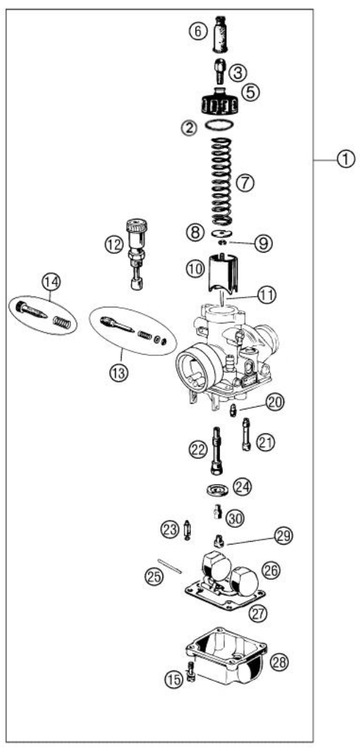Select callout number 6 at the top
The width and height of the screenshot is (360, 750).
point(197,31)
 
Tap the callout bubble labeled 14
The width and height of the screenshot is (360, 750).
point(50,281)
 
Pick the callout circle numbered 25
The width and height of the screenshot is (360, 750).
point(153,576)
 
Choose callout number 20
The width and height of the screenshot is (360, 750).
point(275,402)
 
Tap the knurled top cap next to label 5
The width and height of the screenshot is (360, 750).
point(219,103)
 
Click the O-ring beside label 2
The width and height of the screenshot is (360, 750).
point(219,127)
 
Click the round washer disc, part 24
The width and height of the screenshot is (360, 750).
point(215,489)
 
